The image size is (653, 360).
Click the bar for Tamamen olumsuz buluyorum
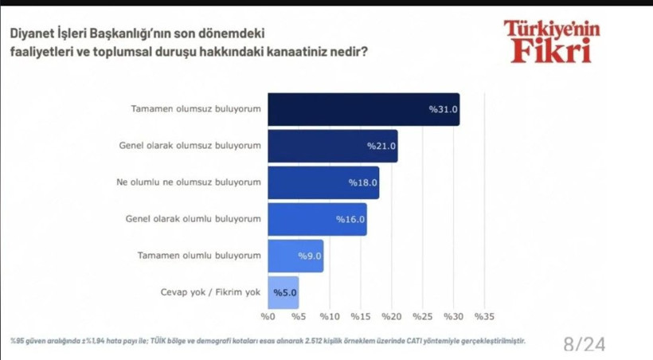point(363,110)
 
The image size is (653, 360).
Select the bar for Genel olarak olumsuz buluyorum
point(332,146)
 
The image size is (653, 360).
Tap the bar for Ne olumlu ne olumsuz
point(323,182)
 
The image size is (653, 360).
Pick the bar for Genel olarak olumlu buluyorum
point(317,219)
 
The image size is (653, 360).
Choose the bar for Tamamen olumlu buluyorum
point(295,256)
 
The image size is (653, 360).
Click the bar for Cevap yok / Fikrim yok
point(283,292)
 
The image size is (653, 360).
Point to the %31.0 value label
point(444,110)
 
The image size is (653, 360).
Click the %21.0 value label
point(381,147)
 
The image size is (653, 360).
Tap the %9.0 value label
point(309,256)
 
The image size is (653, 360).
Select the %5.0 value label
point(285,292)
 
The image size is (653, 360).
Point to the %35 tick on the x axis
point(484,317)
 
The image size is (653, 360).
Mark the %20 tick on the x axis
point(391,317)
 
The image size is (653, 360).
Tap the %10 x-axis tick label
point(330,317)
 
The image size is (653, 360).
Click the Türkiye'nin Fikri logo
point(551,41)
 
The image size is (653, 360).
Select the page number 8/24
point(584,343)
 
